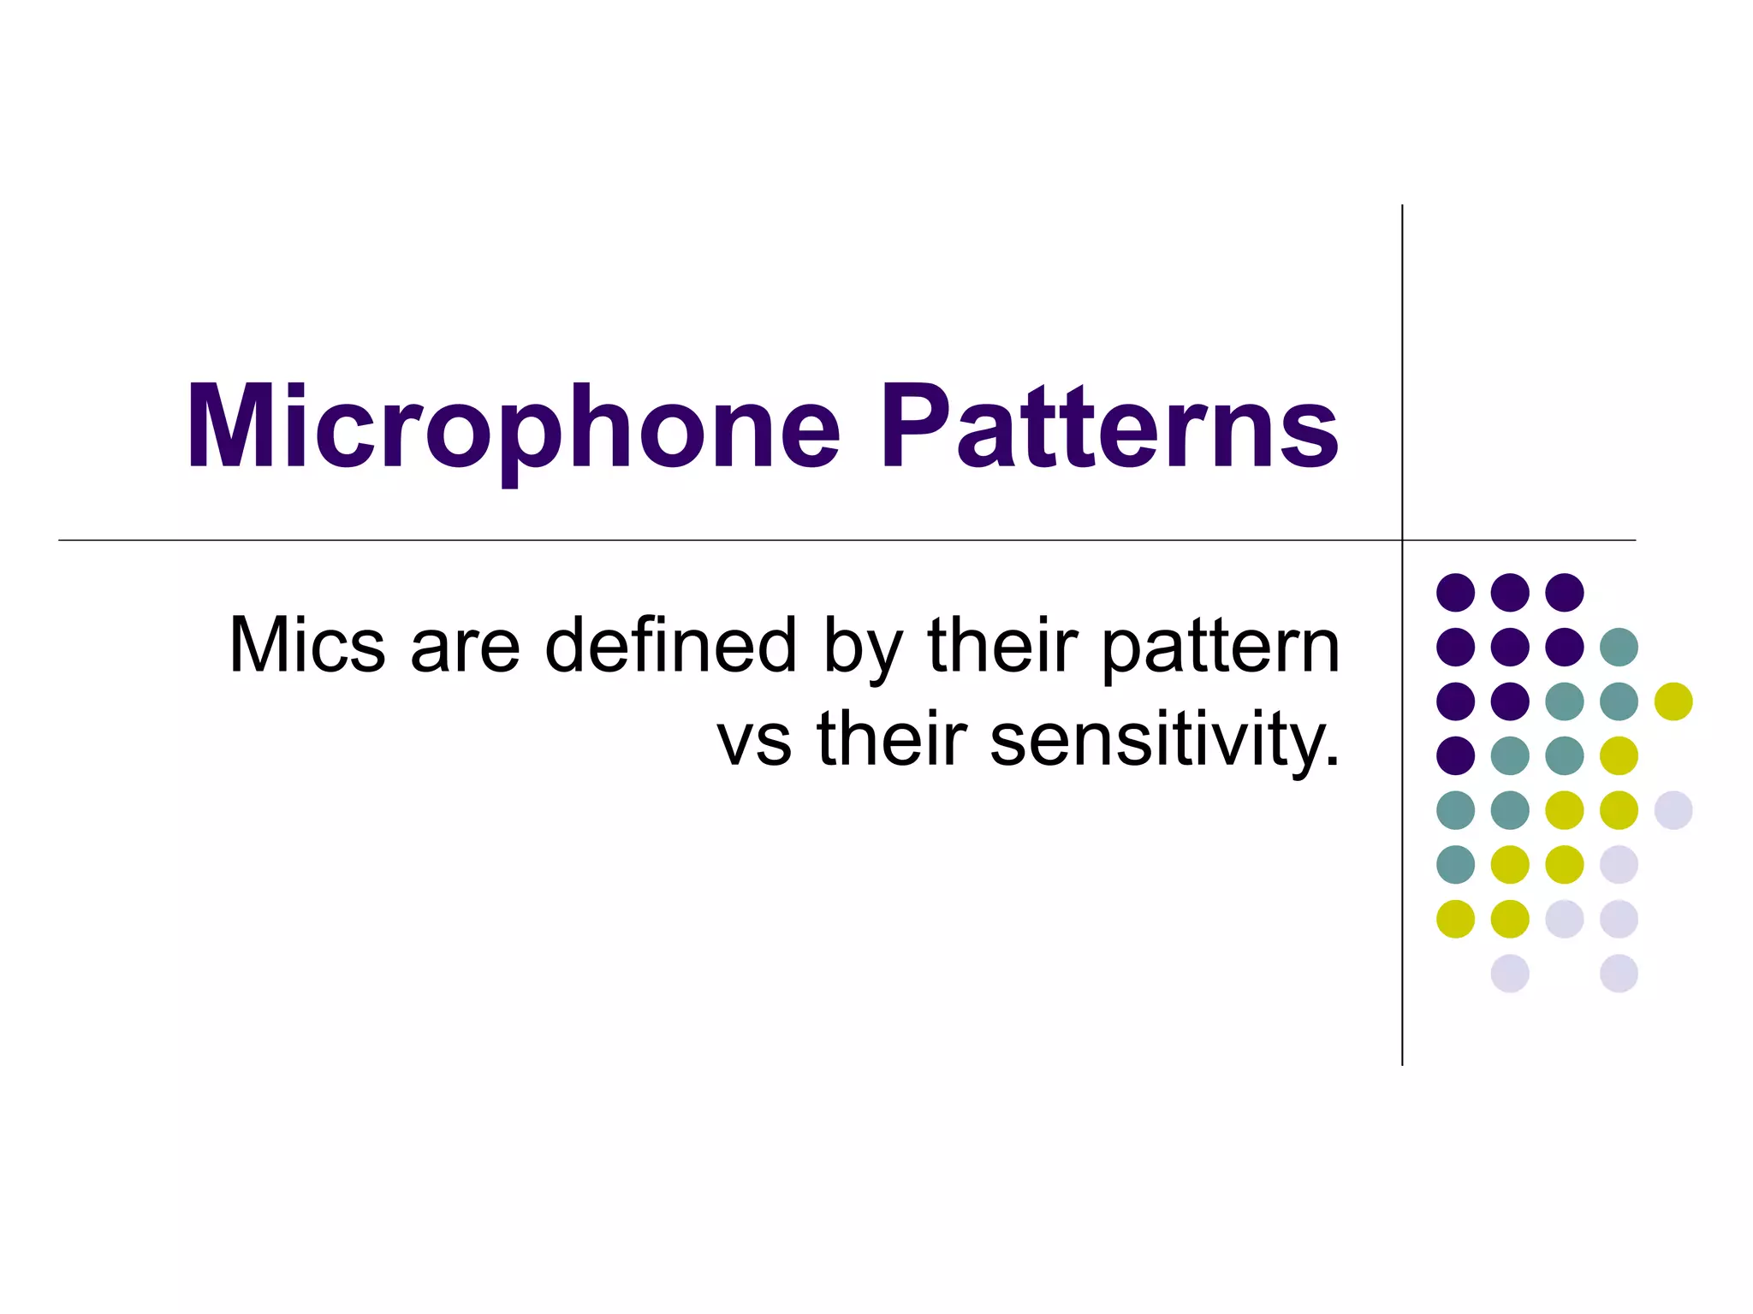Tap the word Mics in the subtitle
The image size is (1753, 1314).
[x=307, y=646]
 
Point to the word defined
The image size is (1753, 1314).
[x=671, y=646]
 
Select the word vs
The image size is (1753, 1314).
[x=754, y=741]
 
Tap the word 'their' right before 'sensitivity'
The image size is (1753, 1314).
[x=892, y=739]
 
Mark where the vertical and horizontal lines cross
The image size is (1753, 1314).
[x=1402, y=540]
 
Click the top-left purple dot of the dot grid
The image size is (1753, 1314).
[x=1455, y=592]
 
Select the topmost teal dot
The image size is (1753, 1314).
[x=1619, y=647]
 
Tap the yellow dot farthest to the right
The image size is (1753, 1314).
[x=1673, y=701]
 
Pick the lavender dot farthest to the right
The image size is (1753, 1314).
[x=1673, y=810]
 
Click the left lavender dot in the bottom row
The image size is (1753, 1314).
[x=1510, y=974]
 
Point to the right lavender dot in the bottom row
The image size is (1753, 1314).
[x=1619, y=974]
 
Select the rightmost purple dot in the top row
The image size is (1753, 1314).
[x=1565, y=592]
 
